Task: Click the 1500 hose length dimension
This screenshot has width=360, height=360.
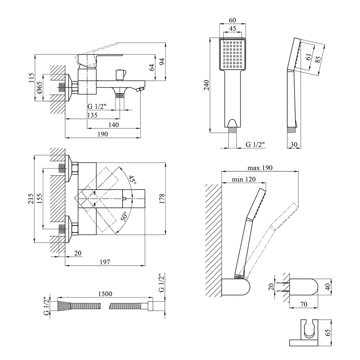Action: coord(104,293)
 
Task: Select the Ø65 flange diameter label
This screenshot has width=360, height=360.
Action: coord(40,88)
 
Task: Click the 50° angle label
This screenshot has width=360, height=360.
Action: coord(124,216)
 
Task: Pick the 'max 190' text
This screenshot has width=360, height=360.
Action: coord(260,168)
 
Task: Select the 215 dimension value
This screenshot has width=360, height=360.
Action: coord(31,199)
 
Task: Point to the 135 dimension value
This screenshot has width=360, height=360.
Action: coord(92,115)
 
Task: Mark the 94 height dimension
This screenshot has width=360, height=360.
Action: coord(162,62)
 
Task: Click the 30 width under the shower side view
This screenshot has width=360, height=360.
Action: coord(293,144)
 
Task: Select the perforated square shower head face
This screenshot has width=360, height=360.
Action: coord(231,54)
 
